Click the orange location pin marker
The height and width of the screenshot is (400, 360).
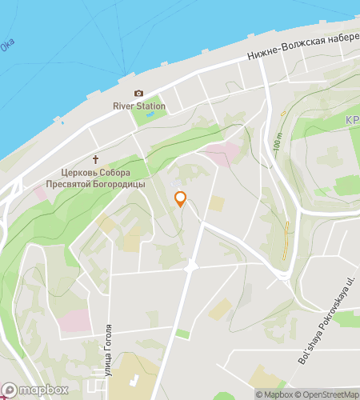tap(181, 199)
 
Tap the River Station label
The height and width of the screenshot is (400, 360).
tap(139, 106)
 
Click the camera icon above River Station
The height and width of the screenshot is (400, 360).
tap(138, 94)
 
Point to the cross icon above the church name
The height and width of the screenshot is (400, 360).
tap(97, 159)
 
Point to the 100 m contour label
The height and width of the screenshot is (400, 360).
tap(277, 145)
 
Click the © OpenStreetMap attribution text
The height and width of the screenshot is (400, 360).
tap(327, 394)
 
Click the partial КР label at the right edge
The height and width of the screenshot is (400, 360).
tap(351, 120)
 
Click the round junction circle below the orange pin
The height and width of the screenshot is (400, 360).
tap(191, 266)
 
